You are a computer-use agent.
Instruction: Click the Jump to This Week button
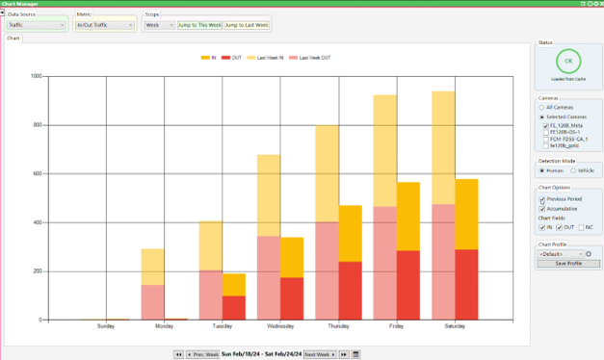[199, 25]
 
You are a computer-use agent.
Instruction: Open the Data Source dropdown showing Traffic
[38, 25]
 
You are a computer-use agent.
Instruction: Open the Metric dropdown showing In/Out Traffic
[105, 25]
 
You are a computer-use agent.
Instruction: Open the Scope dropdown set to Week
[159, 25]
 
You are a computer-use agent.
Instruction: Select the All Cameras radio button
[542, 108]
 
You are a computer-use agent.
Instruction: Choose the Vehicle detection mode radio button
[575, 170]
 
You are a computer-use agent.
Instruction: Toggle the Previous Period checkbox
[542, 199]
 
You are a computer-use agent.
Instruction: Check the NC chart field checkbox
[583, 227]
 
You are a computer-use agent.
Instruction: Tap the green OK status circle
[568, 60]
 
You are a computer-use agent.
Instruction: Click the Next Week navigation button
[320, 354]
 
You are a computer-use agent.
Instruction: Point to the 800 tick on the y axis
[36, 125]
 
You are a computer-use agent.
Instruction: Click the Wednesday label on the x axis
[268, 325]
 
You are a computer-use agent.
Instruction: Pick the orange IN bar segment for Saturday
[466, 214]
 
